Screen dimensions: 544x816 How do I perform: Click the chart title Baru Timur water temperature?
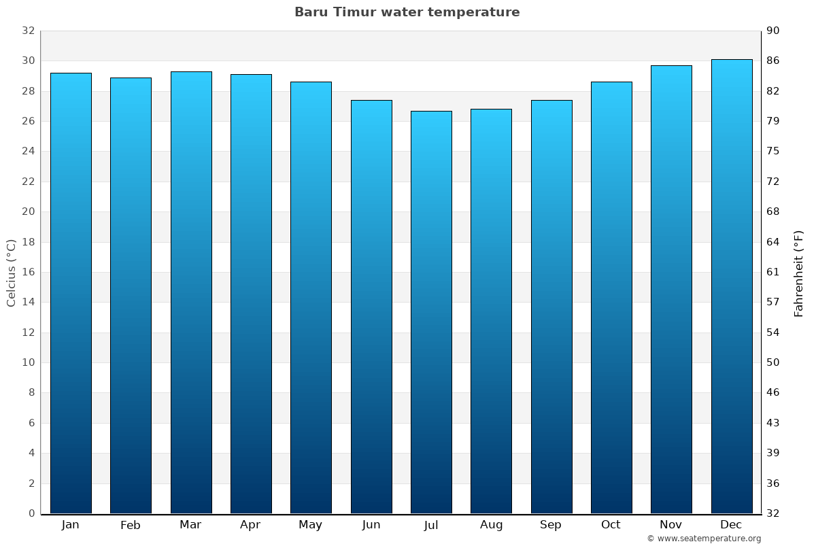(407, 12)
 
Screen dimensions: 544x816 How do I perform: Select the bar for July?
(431, 312)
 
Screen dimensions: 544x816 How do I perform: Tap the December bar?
(732, 286)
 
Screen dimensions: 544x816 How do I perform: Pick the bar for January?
(71, 293)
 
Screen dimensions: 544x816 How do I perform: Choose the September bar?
(551, 307)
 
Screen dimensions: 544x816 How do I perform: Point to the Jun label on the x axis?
(371, 525)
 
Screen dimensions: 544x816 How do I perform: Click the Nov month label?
(671, 525)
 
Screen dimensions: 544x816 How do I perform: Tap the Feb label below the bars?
(131, 525)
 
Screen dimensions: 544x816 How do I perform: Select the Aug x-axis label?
(491, 525)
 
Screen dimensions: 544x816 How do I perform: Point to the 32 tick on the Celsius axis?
(28, 31)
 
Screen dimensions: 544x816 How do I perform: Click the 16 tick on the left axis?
(28, 272)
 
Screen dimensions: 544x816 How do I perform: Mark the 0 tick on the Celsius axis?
(31, 513)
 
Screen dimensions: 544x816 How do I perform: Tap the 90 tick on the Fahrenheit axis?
(773, 31)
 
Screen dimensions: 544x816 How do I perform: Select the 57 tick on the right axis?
(773, 302)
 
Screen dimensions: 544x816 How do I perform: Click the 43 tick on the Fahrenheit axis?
(773, 423)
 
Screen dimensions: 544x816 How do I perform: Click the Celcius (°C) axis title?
(11, 272)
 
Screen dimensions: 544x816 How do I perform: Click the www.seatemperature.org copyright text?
(704, 539)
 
